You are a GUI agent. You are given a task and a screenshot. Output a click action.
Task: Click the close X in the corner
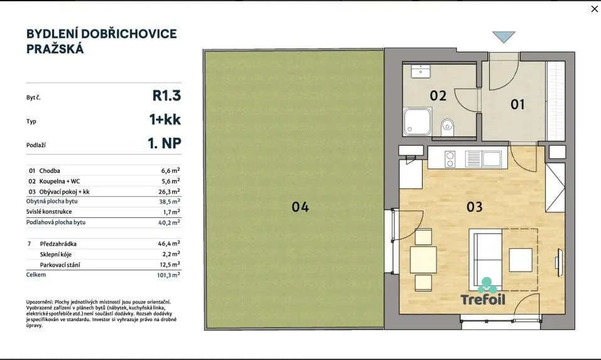click(595, 9)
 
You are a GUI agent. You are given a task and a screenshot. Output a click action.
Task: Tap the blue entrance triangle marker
click(504, 37)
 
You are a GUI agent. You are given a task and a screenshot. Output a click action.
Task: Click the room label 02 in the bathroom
click(438, 95)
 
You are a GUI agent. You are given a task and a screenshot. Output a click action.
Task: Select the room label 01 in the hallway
click(517, 104)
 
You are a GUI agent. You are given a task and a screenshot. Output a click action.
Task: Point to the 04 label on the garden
click(300, 207)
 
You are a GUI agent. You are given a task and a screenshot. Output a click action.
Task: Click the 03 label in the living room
click(475, 207)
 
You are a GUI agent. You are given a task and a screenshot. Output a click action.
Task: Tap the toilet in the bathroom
click(447, 127)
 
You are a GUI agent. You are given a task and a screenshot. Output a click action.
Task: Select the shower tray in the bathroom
click(417, 121)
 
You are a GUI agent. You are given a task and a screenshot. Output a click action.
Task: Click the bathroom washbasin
click(421, 72)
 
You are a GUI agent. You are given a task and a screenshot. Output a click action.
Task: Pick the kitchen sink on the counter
click(484, 159)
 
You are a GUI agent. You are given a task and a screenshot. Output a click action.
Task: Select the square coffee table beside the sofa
click(521, 260)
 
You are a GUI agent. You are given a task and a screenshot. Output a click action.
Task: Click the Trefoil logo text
click(483, 300)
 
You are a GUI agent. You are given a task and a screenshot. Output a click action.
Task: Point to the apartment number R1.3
click(166, 95)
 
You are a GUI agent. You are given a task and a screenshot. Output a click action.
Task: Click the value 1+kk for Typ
click(165, 119)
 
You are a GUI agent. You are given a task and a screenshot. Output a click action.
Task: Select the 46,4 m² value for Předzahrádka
click(169, 243)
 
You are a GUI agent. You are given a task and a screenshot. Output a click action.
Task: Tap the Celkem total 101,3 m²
click(168, 275)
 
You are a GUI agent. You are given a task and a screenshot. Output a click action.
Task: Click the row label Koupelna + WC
click(60, 181)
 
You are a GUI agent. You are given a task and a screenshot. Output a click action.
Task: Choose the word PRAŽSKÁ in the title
click(55, 49)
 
